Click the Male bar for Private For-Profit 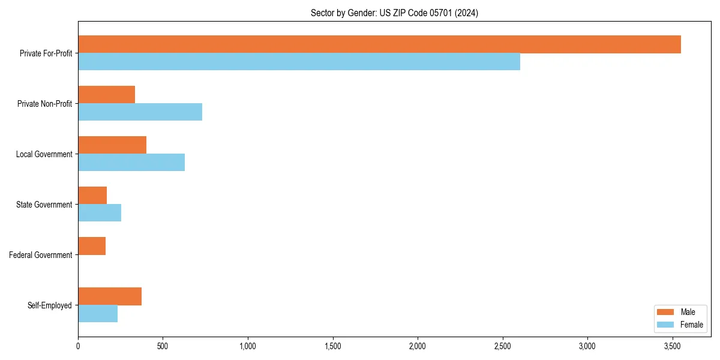coord(379,44)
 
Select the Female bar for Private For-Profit coord(299,62)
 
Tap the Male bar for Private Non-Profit coord(106,95)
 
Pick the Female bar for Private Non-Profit coord(140,112)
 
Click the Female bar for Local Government coord(131,163)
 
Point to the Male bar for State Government coord(92,196)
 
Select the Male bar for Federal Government coord(92,246)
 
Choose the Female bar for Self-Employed coord(98,314)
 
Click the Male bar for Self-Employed coord(110,296)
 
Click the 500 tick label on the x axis coord(163,346)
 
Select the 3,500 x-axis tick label coord(672,346)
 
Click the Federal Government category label coord(41,255)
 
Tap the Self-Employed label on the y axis coord(50,305)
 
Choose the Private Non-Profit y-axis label coord(45,104)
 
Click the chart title coord(394,13)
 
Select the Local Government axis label coord(44,154)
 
